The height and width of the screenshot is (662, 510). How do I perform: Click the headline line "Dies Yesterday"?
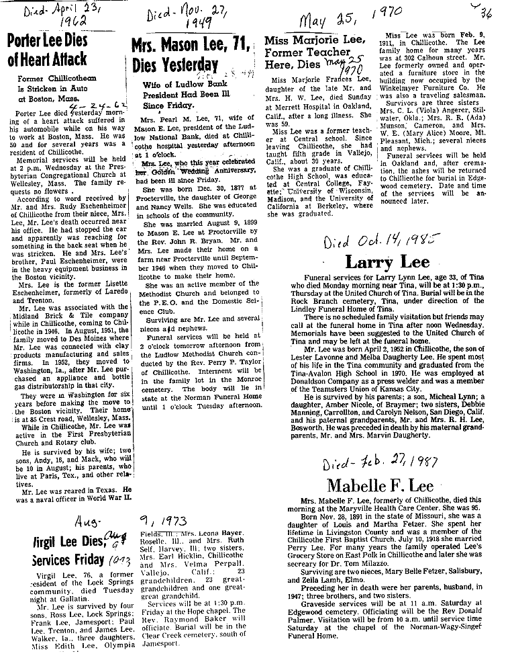[x=176, y=66]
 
